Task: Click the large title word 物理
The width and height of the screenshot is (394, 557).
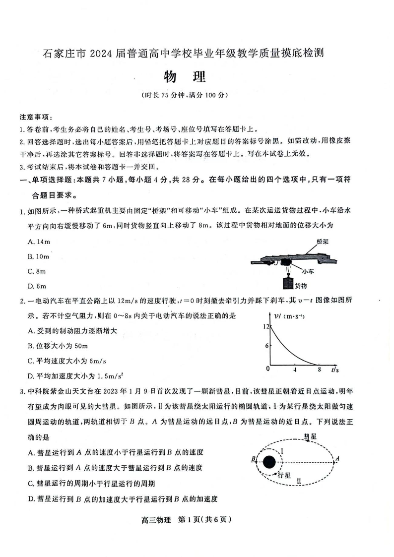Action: click(184, 77)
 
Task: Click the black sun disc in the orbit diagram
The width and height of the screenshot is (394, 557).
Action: click(269, 462)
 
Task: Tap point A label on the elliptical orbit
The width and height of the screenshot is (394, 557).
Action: click(337, 459)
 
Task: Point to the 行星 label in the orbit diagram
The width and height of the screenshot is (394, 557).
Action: click(284, 475)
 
